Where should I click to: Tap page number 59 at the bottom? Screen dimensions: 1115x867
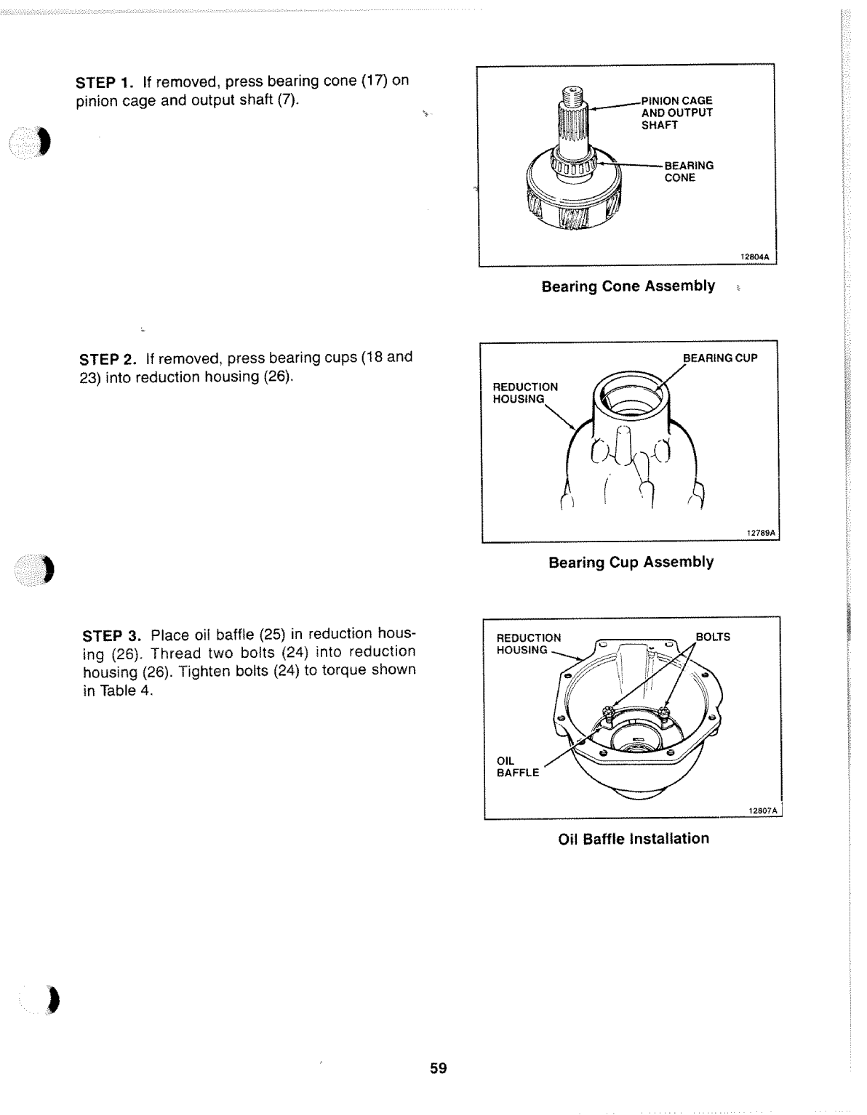tap(438, 1068)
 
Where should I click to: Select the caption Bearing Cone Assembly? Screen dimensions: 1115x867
tap(628, 286)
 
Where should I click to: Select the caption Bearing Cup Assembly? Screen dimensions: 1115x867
tap(631, 563)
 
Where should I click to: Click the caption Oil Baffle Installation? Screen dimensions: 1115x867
tap(633, 839)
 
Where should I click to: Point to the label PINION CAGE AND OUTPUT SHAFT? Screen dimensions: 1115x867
tap(676, 113)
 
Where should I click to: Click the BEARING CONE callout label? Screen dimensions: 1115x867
tap(688, 172)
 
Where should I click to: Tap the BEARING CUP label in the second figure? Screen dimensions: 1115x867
tap(720, 358)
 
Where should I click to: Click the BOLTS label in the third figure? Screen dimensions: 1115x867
tap(713, 637)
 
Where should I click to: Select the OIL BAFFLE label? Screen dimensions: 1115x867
tap(517, 767)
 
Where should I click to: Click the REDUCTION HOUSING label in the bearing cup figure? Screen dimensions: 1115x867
tap(525, 393)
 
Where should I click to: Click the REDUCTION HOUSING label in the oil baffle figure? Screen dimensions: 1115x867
tap(528, 643)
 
